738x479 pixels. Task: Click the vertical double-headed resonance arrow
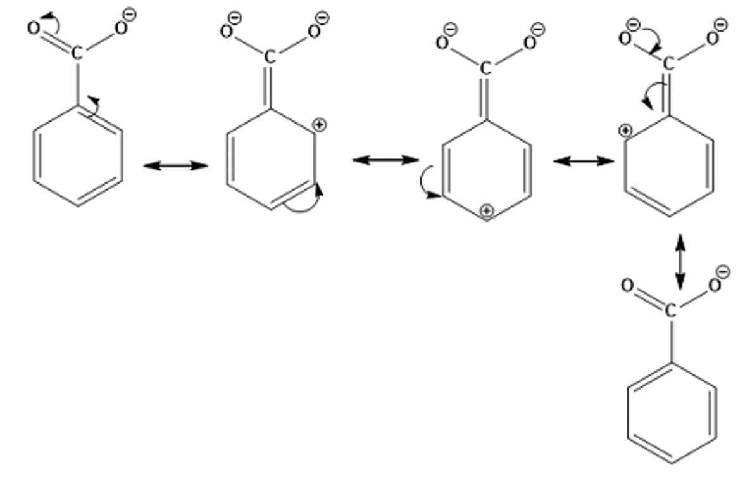[x=680, y=262]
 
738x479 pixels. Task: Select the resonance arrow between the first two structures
[x=175, y=166]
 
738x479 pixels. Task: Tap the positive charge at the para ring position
[x=486, y=211]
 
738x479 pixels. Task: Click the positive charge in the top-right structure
[x=625, y=131]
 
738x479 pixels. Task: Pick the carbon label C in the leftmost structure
[x=77, y=53]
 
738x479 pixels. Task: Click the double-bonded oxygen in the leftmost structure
[x=34, y=29]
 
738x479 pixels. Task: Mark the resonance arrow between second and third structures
[x=386, y=160]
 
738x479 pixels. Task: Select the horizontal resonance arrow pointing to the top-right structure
[x=584, y=161]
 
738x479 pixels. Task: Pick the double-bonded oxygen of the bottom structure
[x=627, y=286]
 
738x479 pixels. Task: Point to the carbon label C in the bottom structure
[x=670, y=310]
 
